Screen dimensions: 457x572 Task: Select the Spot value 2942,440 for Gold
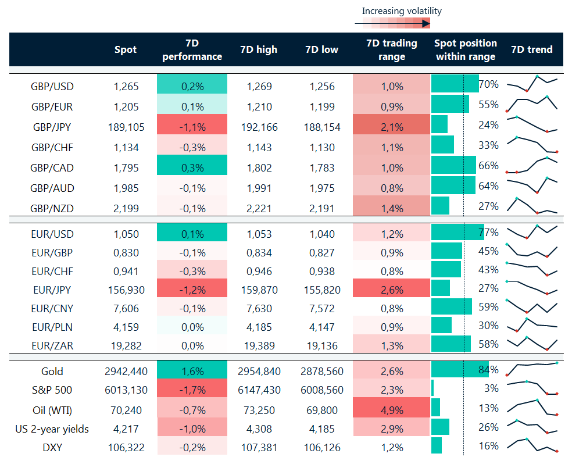click(x=126, y=372)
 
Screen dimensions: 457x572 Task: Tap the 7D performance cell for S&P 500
click(x=192, y=390)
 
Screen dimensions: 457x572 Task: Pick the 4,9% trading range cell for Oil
click(x=392, y=410)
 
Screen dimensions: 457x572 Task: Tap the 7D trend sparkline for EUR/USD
click(x=532, y=232)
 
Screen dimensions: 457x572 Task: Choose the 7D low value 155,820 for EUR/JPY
click(x=321, y=290)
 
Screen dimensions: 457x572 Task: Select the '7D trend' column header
click(x=531, y=50)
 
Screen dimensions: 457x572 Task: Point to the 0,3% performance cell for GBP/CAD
click(x=192, y=168)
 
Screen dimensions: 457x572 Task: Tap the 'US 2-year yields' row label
click(x=52, y=429)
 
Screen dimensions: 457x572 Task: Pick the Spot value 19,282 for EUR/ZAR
click(x=126, y=346)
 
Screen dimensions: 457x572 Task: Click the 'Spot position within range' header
click(x=465, y=50)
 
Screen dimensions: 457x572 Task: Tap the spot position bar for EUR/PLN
click(x=441, y=325)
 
